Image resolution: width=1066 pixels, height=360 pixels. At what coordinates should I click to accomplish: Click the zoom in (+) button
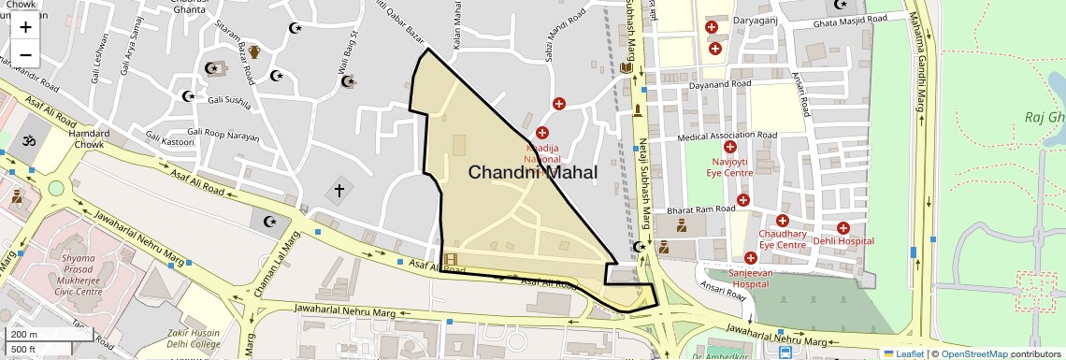(25, 26)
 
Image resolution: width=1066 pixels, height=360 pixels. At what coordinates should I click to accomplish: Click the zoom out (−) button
(25, 54)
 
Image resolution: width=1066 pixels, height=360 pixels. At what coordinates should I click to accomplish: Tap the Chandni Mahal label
(532, 172)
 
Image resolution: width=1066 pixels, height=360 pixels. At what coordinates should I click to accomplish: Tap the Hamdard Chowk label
(89, 139)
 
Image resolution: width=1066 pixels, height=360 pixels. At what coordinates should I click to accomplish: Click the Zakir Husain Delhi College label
(194, 338)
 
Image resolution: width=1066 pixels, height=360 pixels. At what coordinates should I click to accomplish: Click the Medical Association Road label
(727, 136)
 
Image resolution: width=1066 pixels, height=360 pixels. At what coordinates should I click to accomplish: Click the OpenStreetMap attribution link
(973, 353)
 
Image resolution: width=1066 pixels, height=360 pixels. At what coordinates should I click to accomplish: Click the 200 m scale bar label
(23, 334)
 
